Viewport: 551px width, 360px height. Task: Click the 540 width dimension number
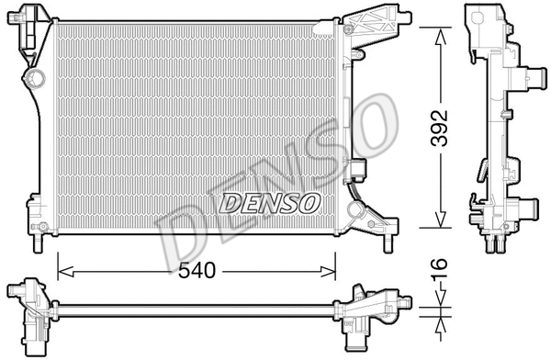pos(197,272)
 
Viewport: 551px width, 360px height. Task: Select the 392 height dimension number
pos(444,129)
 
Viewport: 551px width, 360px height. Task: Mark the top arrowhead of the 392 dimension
pos(442,32)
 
